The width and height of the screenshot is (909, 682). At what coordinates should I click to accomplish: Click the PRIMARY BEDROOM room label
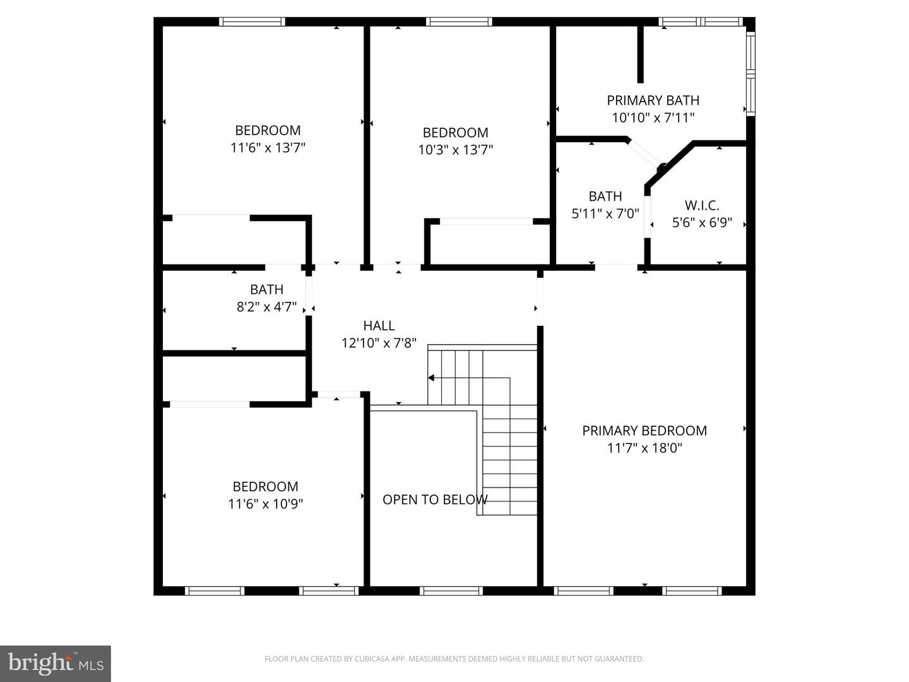pyautogui.click(x=644, y=431)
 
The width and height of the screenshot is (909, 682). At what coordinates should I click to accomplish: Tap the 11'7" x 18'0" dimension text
pyautogui.click(x=644, y=448)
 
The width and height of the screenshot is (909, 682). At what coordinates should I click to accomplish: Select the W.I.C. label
pyautogui.click(x=702, y=205)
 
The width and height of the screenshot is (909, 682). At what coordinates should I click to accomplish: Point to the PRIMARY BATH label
pyautogui.click(x=653, y=100)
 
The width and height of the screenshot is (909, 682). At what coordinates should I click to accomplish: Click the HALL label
pyautogui.click(x=379, y=326)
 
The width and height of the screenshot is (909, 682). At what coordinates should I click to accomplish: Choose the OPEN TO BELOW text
pyautogui.click(x=435, y=500)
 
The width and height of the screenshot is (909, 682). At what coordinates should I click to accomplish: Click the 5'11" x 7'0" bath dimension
pyautogui.click(x=605, y=214)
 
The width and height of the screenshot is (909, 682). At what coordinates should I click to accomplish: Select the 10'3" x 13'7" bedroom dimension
pyautogui.click(x=455, y=150)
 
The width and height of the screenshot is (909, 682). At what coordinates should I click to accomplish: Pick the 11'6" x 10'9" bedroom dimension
pyautogui.click(x=265, y=504)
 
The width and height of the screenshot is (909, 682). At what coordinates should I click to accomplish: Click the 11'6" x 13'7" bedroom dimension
pyautogui.click(x=268, y=148)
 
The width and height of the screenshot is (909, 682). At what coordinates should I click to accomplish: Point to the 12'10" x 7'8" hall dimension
pyautogui.click(x=379, y=344)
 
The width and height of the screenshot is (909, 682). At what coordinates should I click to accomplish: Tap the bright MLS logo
pyautogui.click(x=56, y=663)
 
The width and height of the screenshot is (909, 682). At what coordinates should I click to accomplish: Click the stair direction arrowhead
pyautogui.click(x=431, y=378)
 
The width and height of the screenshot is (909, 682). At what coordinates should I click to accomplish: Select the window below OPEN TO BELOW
pyautogui.click(x=451, y=591)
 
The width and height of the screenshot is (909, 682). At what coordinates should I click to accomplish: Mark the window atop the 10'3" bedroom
pyautogui.click(x=459, y=22)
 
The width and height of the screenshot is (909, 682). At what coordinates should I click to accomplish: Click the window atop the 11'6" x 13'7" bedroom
pyautogui.click(x=252, y=22)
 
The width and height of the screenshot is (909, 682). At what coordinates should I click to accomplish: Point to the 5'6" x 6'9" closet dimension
pyautogui.click(x=702, y=222)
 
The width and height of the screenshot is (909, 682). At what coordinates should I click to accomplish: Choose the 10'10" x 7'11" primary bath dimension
pyautogui.click(x=653, y=117)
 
